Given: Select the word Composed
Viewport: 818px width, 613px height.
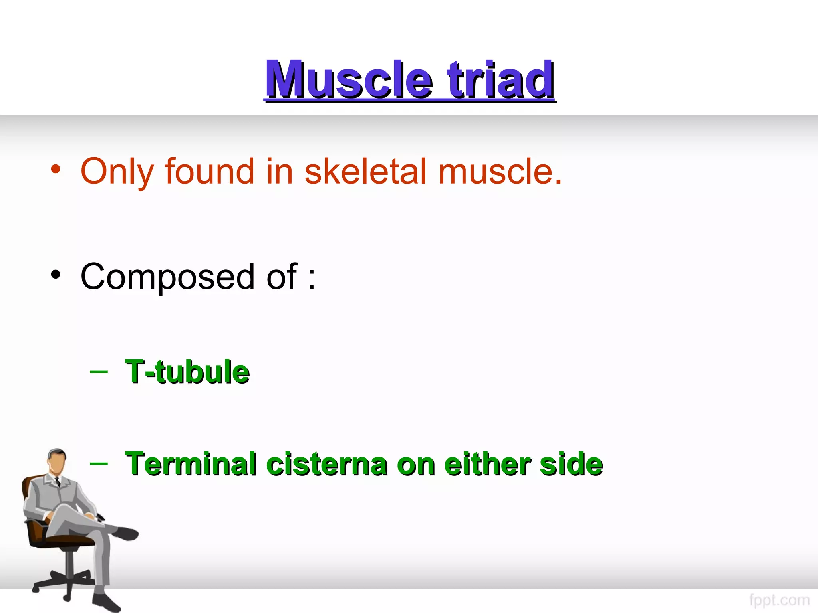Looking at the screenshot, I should (x=167, y=277).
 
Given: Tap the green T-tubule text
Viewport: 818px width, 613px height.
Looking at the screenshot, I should (x=187, y=372).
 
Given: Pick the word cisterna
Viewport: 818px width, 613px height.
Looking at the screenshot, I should (x=326, y=464).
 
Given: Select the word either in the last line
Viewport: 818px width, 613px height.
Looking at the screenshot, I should (x=487, y=464).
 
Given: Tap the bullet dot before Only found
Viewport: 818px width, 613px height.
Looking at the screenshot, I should (x=56, y=169).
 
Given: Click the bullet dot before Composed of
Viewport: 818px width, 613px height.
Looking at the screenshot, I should (x=56, y=275).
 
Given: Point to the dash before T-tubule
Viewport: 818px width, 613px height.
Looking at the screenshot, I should (x=99, y=372).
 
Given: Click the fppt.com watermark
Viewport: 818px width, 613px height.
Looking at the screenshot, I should (x=779, y=600).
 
